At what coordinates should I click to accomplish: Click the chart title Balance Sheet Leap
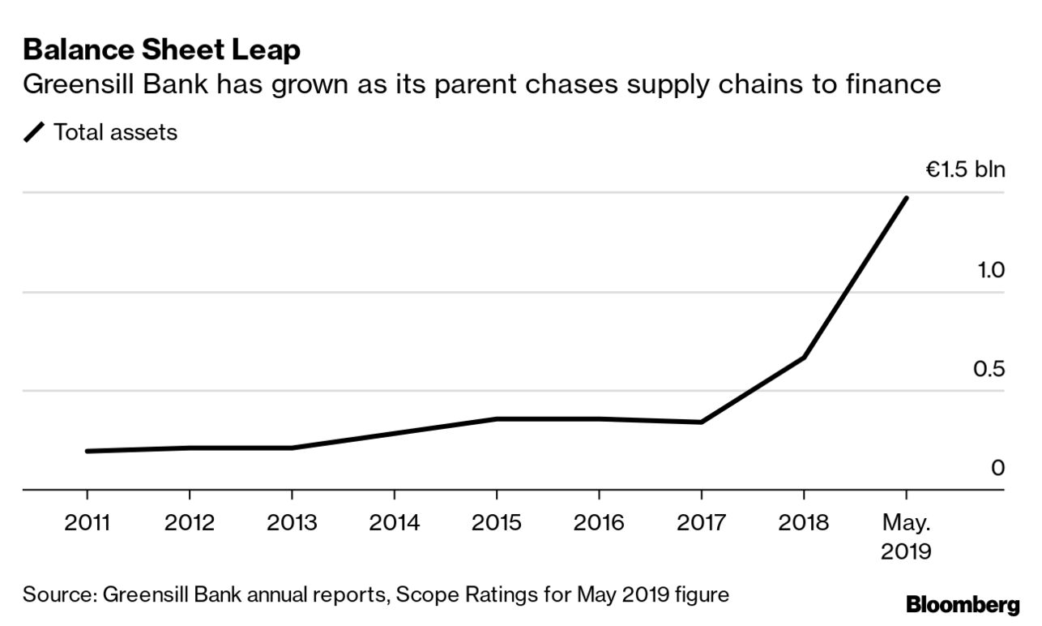point(162,50)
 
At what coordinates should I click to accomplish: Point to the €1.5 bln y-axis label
point(965,170)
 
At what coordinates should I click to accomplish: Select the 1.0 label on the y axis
point(991,270)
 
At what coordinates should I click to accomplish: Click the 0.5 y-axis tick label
point(989,370)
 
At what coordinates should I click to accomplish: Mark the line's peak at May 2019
point(906,198)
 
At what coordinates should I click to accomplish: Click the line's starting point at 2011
point(88,451)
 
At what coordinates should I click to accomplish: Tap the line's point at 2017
point(701,422)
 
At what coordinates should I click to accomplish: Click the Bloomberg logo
point(963,604)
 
